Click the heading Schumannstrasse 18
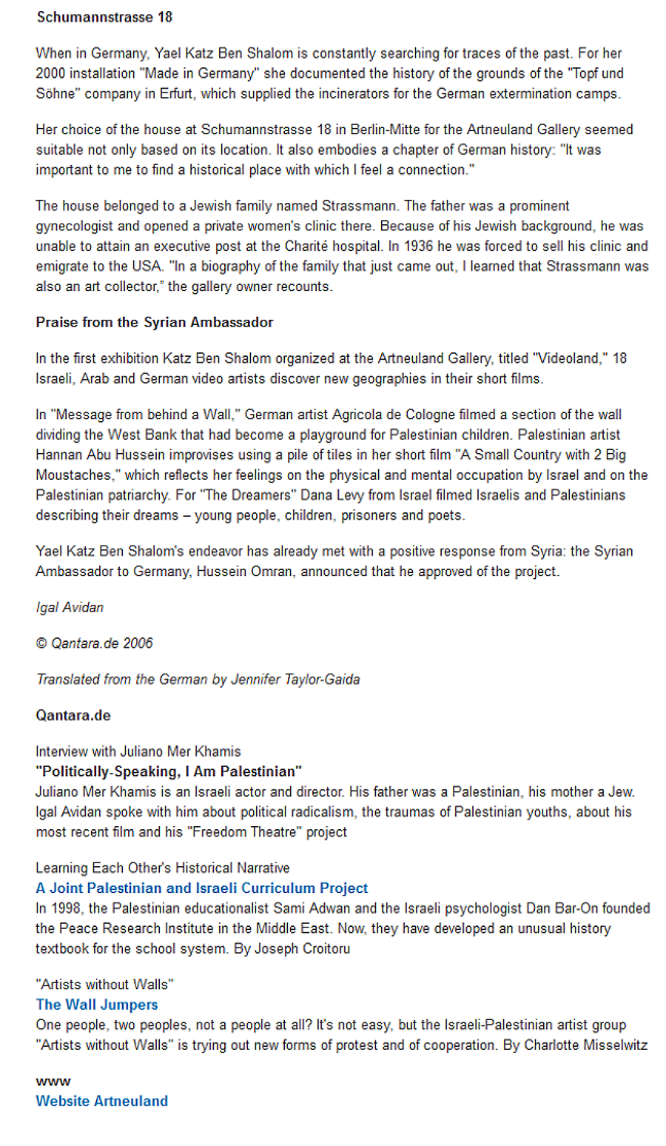pos(104,17)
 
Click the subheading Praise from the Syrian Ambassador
pos(155,323)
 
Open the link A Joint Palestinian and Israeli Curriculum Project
pos(202,888)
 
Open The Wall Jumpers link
pos(97,1005)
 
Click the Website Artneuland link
pos(102,1101)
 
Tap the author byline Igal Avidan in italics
pos(70,608)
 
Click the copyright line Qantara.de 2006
pos(95,643)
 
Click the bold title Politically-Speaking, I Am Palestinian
pos(169,771)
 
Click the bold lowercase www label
pos(53,1082)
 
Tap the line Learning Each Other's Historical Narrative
pos(163,868)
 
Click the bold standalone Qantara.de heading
pos(73,716)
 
